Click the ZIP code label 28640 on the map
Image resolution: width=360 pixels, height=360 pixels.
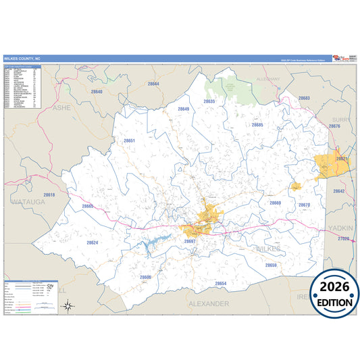(97, 91)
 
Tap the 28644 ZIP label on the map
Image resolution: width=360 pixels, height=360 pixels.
(153, 83)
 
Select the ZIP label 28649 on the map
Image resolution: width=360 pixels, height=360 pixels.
(184, 109)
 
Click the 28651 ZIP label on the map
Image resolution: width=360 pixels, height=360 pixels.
(130, 140)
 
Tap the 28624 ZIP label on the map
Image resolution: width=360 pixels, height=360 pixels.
(93, 242)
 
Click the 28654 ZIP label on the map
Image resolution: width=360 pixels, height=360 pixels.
(220, 283)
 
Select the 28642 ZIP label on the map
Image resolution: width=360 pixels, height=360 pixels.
(338, 191)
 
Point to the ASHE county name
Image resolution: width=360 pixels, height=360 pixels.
(61, 107)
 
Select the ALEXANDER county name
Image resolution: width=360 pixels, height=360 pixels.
(209, 304)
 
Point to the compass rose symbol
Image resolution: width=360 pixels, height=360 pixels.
(68, 305)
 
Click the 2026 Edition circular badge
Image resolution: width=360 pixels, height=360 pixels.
(334, 291)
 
